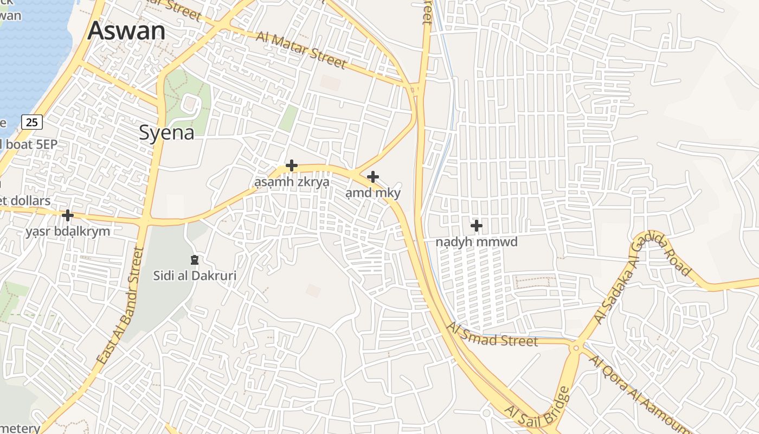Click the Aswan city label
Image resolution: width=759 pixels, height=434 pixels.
(126, 31)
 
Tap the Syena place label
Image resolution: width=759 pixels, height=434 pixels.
(166, 132)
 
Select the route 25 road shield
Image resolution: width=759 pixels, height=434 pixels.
(32, 122)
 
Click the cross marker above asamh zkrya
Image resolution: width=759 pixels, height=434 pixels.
(292, 165)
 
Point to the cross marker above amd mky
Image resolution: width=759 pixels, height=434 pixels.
(373, 176)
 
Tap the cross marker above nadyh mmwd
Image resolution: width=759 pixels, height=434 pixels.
(477, 225)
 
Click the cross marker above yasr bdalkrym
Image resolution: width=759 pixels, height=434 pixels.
(68, 215)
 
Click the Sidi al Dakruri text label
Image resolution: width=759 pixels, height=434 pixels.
(195, 276)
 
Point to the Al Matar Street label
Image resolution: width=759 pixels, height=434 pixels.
(301, 50)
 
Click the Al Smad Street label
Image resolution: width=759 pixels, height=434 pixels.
(492, 335)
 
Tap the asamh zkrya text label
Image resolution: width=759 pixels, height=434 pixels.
(292, 182)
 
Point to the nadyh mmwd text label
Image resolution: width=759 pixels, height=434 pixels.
(477, 242)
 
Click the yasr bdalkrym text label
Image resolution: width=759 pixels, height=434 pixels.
(68, 232)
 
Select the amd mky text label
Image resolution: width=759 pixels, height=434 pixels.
(373, 193)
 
